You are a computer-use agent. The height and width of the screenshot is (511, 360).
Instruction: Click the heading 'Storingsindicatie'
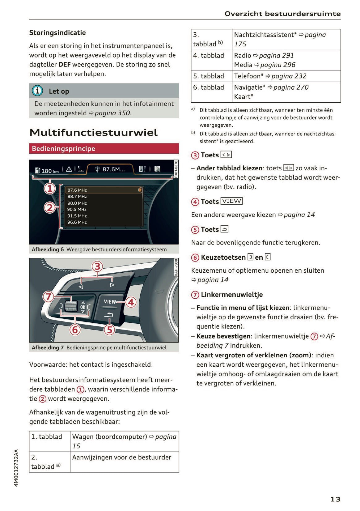57,33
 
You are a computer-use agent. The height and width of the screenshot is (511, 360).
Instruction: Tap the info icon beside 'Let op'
37,91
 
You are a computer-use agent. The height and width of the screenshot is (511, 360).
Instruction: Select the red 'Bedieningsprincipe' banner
104,149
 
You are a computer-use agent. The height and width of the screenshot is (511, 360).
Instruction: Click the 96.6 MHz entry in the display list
77,222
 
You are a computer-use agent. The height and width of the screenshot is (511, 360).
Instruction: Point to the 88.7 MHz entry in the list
77,197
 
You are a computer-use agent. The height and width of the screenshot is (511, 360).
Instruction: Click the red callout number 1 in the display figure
50,188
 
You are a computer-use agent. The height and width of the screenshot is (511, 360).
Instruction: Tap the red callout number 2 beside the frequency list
50,207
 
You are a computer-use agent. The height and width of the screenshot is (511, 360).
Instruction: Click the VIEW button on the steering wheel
110,302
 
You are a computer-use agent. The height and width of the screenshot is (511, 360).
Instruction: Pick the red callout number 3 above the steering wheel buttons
97,266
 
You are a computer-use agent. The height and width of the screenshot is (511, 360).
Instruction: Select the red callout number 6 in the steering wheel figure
75,330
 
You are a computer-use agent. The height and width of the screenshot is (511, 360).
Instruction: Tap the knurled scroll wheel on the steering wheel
71,307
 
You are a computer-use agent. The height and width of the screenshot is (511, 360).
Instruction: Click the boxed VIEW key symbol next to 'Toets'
232,201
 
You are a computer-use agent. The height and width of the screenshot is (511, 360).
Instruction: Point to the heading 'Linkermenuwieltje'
231,295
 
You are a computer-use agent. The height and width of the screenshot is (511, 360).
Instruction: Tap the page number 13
335,499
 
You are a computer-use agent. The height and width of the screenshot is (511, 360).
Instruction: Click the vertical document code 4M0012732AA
16,468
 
